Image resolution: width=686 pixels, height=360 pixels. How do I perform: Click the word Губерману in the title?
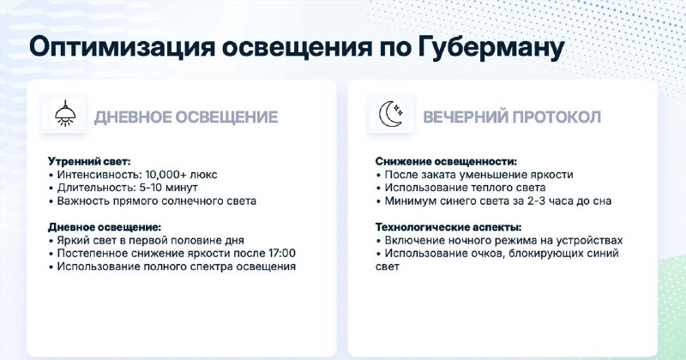(490, 48)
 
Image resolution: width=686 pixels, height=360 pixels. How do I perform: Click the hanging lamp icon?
(65, 114)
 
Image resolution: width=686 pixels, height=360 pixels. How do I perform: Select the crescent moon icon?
(391, 114)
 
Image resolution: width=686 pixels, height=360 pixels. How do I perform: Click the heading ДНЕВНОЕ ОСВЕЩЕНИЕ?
(186, 117)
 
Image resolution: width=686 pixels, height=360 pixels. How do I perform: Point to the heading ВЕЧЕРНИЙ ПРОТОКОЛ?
(512, 117)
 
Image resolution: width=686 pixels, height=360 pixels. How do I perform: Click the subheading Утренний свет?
(89, 161)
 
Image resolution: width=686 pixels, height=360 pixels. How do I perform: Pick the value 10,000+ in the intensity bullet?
(165, 175)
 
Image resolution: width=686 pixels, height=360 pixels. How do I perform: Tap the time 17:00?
(281, 253)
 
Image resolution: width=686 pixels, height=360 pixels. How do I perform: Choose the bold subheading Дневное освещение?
(105, 227)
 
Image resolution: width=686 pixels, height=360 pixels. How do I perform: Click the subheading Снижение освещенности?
(446, 161)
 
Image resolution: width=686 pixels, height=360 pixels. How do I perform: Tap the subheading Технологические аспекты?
(448, 227)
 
